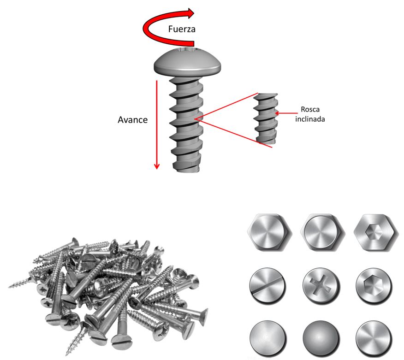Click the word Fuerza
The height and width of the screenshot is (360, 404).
tap(182, 29)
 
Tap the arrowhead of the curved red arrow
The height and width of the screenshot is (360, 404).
tap(194, 12)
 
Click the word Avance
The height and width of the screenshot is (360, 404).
tap(133, 120)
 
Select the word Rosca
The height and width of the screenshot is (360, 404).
tap(310, 110)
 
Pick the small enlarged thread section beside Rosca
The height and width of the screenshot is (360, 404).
tap(265, 118)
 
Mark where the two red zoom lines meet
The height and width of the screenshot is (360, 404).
tap(196, 119)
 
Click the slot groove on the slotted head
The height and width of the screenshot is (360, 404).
tap(267, 284)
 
